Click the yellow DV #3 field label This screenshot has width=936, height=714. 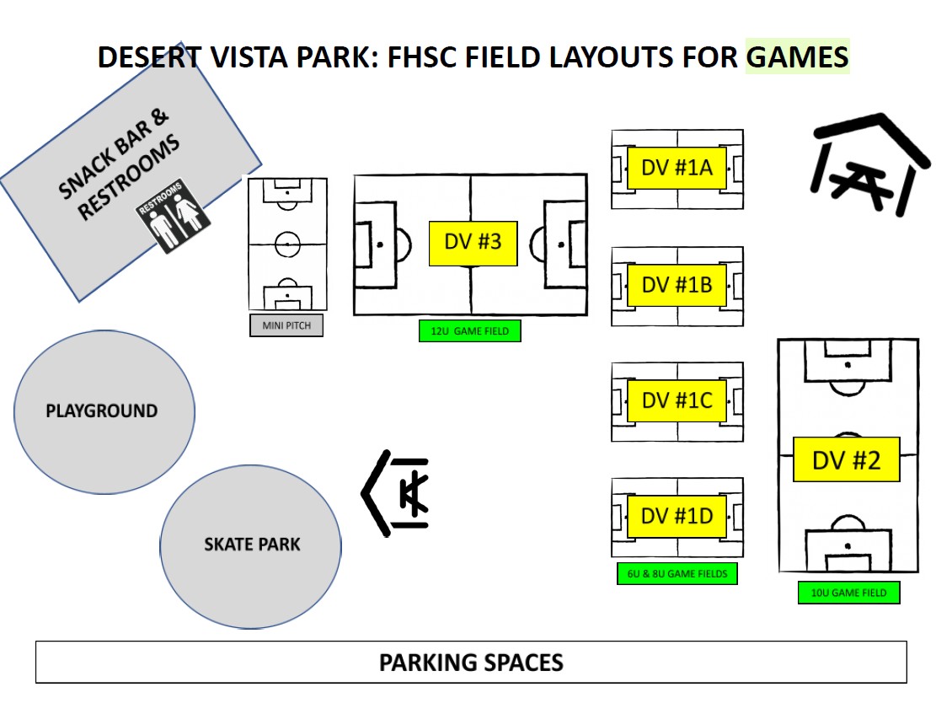(x=473, y=243)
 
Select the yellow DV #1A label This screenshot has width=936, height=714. (x=677, y=169)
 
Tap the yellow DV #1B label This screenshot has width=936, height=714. (x=677, y=286)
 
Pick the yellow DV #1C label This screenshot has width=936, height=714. (x=677, y=401)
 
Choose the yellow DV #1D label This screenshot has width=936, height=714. (x=677, y=517)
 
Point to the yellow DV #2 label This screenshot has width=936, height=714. (x=846, y=460)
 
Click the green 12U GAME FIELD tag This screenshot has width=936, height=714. (x=470, y=331)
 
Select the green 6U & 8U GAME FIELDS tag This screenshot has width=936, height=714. (x=677, y=574)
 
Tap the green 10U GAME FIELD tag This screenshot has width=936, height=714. (x=848, y=593)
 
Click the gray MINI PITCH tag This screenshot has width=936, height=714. (x=286, y=325)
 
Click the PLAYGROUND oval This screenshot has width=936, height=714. (x=104, y=411)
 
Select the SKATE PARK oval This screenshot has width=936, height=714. (x=251, y=545)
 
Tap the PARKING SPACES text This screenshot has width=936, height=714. (x=471, y=663)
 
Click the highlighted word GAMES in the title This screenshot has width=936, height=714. (x=797, y=57)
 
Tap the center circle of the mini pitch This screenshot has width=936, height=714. (x=287, y=244)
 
